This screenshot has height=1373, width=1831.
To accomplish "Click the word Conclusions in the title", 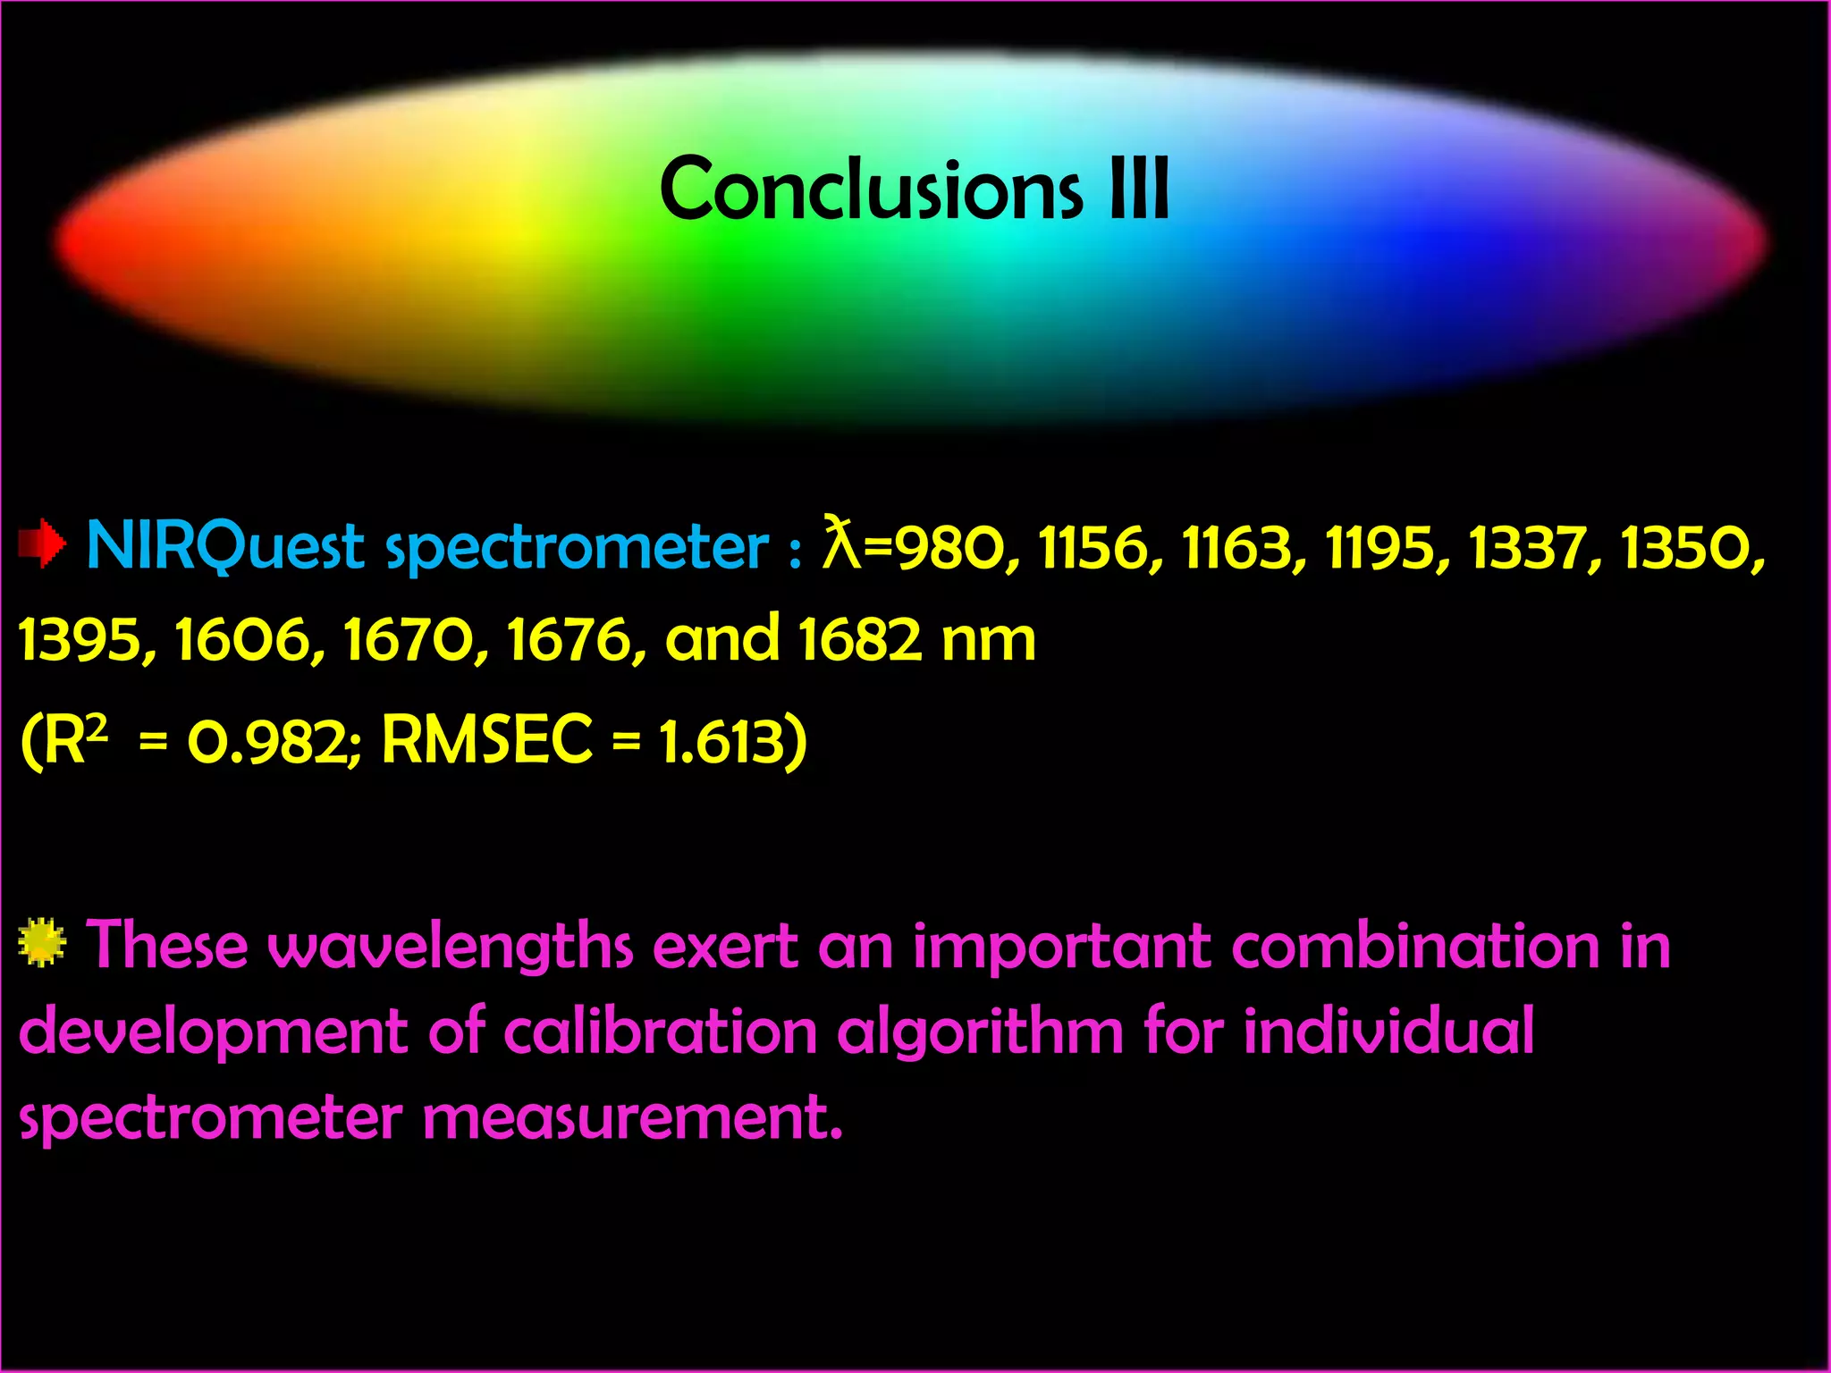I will [871, 189].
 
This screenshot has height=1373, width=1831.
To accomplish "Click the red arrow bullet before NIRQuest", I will [41, 544].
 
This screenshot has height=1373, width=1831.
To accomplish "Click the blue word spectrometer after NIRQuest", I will [577, 548].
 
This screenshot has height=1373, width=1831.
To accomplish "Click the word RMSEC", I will [486, 739].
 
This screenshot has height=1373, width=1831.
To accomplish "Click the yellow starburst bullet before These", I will [41, 942].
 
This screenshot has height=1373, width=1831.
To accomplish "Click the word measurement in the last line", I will [632, 1118].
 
